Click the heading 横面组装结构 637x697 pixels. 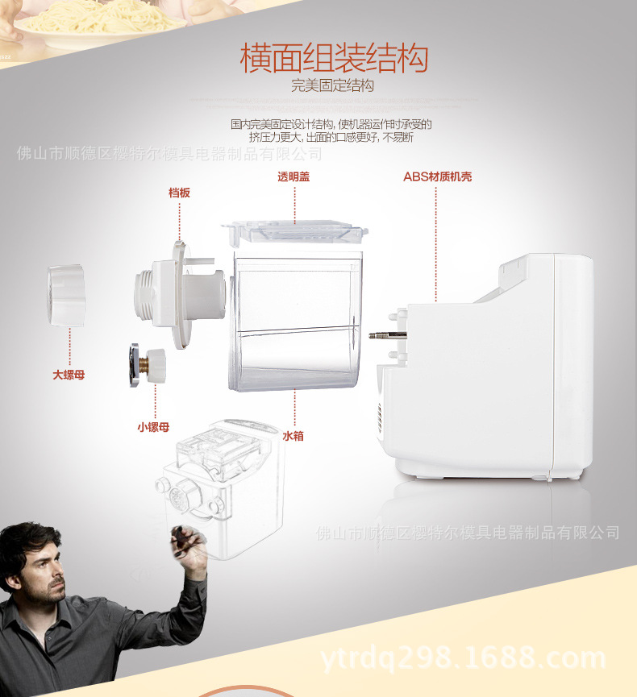pos(334,58)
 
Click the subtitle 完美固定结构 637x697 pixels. pos(332,85)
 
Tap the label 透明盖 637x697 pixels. pos(294,177)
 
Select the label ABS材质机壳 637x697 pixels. pos(437,177)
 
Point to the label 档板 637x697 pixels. pos(179,193)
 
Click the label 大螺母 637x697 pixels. pos(69,375)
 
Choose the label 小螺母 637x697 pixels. pos(153,427)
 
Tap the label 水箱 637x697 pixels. pos(294,436)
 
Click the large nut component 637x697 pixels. pos(66,296)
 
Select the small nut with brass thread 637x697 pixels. pos(148,365)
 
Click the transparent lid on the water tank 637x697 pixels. pos(294,233)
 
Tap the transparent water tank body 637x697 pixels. pos(295,321)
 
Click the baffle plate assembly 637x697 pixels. pos(180,294)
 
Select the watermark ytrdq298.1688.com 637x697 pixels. pos(463,659)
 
